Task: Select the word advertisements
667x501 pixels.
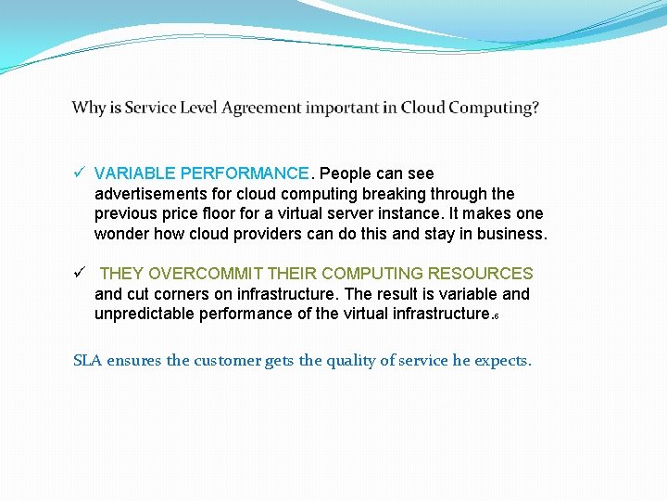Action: point(163,194)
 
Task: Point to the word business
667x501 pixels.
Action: point(511,234)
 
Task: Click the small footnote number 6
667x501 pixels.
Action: point(497,317)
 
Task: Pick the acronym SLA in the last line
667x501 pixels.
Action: point(87,361)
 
